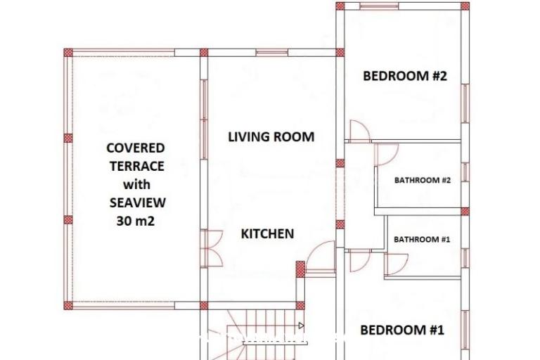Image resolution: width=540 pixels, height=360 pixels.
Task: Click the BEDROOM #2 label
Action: (x=405, y=76)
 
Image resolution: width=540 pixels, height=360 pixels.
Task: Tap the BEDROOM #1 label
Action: (x=402, y=330)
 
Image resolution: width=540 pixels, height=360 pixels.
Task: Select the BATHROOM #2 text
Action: (x=422, y=180)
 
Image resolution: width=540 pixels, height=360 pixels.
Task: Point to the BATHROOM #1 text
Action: (x=422, y=240)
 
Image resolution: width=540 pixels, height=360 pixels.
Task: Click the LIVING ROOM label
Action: (x=271, y=137)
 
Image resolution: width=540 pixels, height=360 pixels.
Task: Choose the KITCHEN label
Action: (x=267, y=234)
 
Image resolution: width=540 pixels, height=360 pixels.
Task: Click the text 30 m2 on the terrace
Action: (x=135, y=221)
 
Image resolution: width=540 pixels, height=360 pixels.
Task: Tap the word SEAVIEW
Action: (x=137, y=202)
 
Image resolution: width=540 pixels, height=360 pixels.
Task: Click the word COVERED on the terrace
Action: (x=135, y=148)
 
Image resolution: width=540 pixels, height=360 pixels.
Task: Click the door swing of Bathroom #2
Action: (x=388, y=155)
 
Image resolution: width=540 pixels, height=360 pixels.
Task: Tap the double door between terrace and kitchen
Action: (x=212, y=248)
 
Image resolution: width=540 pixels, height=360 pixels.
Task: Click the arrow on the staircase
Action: (x=301, y=326)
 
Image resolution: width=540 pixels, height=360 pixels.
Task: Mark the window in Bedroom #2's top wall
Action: (x=379, y=6)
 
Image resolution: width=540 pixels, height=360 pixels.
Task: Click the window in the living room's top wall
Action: (x=271, y=52)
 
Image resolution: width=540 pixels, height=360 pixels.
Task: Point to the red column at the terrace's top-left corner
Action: (x=68, y=53)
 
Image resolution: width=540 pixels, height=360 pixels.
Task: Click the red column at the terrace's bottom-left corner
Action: (x=68, y=306)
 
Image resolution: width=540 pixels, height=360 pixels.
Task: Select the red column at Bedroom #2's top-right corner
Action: (x=465, y=6)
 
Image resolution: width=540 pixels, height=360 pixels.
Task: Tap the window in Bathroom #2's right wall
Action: (x=465, y=172)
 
